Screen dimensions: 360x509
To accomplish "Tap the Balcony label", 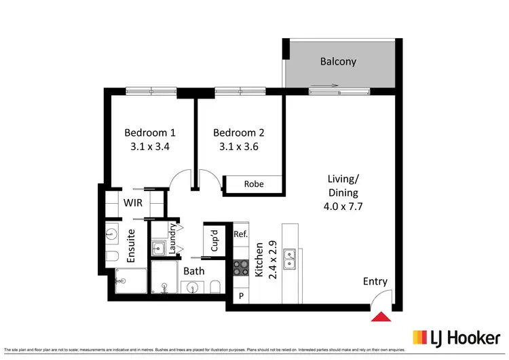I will pos(338,62).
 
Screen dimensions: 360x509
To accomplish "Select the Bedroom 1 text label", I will pos(150,132).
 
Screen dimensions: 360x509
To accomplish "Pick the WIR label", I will pos(132,202).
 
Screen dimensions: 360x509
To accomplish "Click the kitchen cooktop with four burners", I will pos(240,268).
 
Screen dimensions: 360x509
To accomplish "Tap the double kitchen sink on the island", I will pos(290,259).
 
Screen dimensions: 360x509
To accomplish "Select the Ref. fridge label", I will pos(240,234).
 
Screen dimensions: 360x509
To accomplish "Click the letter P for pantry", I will pos(240,296).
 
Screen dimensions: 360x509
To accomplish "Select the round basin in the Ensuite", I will pos(113,235).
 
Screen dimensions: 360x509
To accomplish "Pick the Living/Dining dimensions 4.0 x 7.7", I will pos(343,207).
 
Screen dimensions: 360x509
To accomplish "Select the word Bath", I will pos(193,271).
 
